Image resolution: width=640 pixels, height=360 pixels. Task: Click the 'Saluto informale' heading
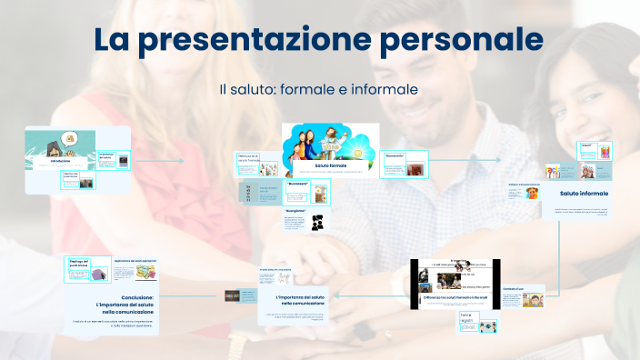583,194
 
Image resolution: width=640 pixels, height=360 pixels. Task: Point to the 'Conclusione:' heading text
133,296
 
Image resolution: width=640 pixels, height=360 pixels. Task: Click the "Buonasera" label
296,183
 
